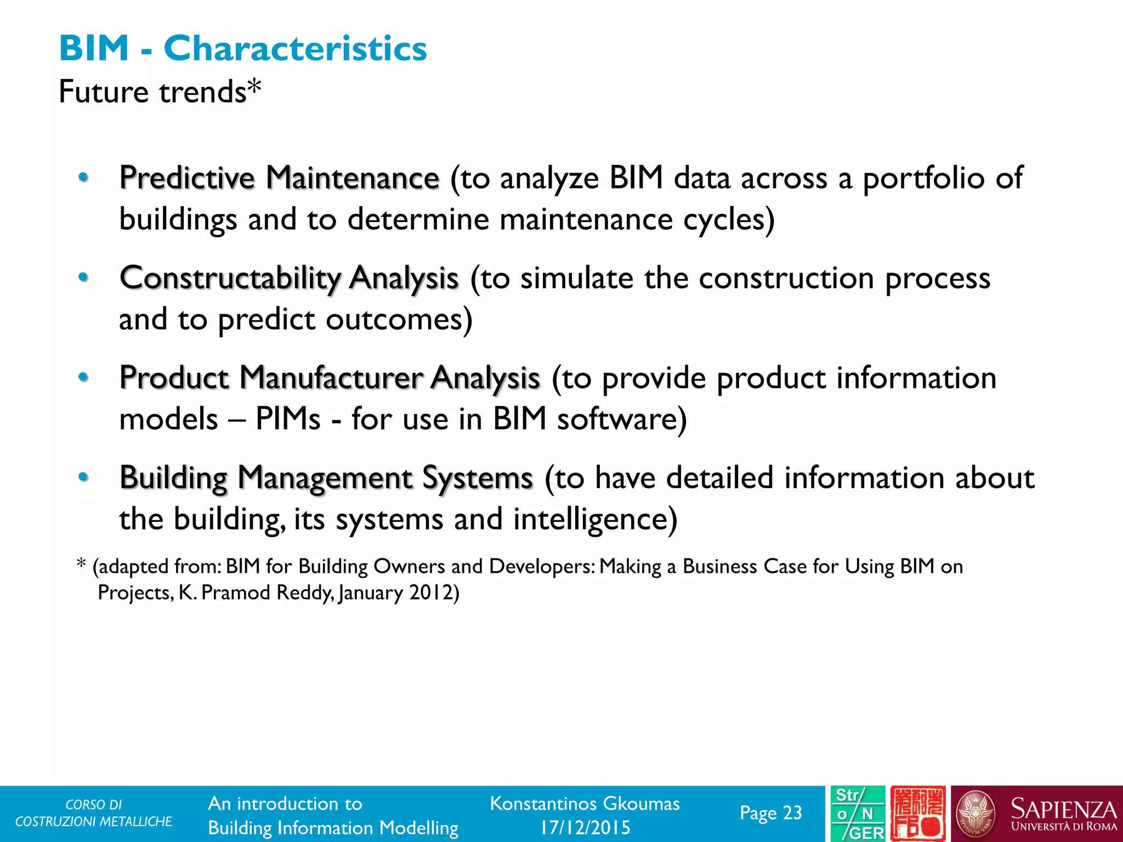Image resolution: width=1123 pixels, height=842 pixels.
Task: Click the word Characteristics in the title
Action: coord(295,48)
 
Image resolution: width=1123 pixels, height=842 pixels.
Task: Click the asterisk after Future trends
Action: coord(254,88)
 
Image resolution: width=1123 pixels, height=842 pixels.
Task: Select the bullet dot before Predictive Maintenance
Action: coord(83,177)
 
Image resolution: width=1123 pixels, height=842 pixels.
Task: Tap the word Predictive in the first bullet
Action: coord(187,178)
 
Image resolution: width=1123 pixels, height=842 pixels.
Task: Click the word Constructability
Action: coord(230,278)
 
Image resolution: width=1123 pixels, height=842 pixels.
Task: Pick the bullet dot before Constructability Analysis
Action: coord(83,277)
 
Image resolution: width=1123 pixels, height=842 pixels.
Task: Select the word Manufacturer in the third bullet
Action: coord(331,378)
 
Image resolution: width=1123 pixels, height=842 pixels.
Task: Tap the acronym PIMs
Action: coord(288,419)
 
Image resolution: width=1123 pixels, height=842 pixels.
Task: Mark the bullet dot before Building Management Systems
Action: coord(83,477)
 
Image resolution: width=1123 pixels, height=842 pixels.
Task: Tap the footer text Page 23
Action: coord(770,813)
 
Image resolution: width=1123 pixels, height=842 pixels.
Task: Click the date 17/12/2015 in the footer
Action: coord(585,827)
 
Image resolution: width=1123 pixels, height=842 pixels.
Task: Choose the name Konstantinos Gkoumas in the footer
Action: coord(585,804)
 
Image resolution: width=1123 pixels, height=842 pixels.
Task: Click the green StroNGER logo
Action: coord(857,814)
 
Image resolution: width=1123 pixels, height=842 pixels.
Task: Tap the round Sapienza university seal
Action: coord(975,814)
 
